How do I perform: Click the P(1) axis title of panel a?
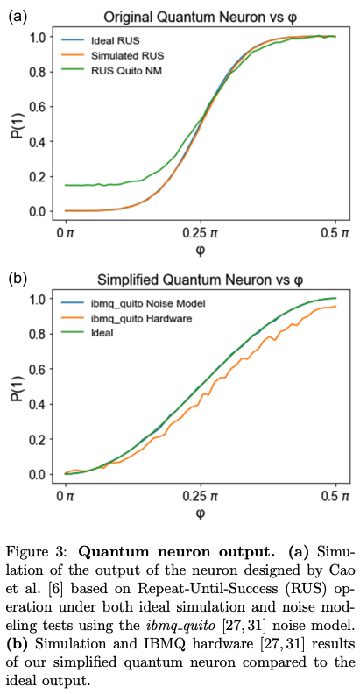click(13, 124)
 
